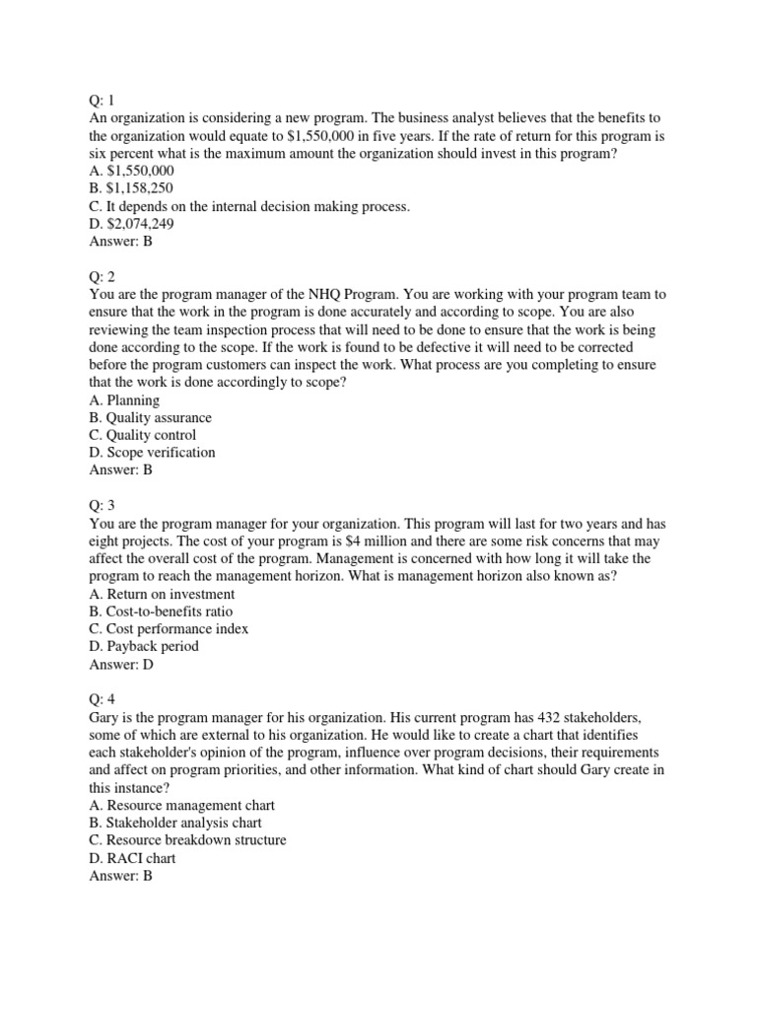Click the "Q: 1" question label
coord(103,100)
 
